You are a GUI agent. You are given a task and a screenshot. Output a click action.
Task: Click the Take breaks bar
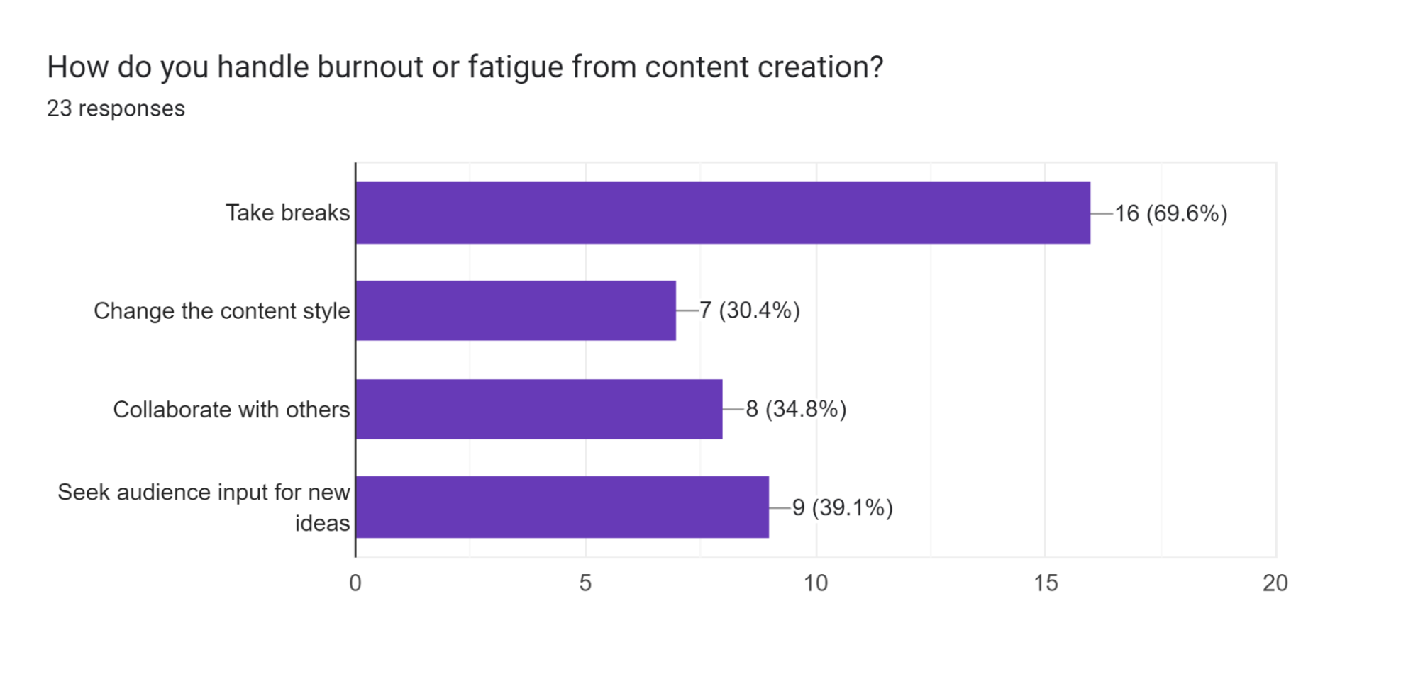coord(722,213)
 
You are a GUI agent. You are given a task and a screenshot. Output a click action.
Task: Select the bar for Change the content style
coord(516,310)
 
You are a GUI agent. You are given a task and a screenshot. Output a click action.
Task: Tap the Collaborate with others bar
coord(539,409)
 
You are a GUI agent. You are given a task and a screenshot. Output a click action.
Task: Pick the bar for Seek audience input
coord(562,507)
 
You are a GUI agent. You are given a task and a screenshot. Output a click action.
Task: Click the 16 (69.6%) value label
coord(1170,213)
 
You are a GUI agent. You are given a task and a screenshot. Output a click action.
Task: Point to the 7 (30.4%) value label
coord(749,310)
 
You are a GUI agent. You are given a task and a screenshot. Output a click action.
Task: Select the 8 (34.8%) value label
coord(796,409)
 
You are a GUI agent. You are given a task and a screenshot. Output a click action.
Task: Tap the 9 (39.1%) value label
coord(842,507)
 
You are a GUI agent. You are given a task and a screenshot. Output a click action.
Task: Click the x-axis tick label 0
coord(355,583)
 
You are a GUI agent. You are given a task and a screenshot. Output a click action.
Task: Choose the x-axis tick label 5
coord(585,583)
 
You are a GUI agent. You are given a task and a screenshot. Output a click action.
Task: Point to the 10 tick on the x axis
coord(816,583)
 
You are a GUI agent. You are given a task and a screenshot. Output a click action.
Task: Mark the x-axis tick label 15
coord(1046,583)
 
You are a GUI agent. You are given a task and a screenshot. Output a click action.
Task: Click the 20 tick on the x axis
coord(1275,583)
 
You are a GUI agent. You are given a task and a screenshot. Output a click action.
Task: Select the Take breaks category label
coord(287,213)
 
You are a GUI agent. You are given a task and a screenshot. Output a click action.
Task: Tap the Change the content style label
coord(221,310)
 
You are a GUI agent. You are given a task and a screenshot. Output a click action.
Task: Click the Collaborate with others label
coord(231,409)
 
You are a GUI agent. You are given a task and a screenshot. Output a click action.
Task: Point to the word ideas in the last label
coord(322,523)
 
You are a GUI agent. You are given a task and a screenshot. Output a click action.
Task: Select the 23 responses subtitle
coord(116,108)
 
